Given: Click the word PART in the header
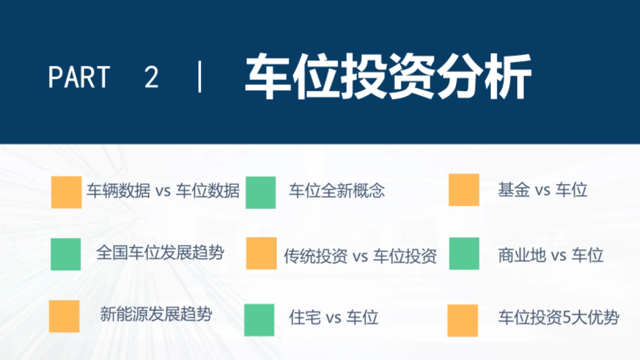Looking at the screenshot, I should coord(79,77).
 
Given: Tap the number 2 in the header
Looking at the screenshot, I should coord(151,77).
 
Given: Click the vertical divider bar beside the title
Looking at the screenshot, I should coord(201,77).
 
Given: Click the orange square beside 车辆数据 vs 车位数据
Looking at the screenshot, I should coord(67,192).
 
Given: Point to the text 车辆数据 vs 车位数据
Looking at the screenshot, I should coord(163,191).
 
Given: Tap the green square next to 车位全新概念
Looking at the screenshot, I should coord(261,192).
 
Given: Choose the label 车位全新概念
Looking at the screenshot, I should coord(337,191).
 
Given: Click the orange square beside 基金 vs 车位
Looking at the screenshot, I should coord(463,190).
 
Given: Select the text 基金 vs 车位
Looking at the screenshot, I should coord(542,190).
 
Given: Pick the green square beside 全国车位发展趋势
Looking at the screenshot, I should coord(66,254).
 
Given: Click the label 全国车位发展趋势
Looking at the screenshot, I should coord(160,252).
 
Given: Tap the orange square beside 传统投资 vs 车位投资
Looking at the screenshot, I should coord(261,253).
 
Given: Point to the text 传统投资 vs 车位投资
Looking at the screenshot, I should coord(360,257).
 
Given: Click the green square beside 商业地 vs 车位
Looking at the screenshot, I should coord(464,253).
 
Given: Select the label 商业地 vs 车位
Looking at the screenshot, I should coord(550,255).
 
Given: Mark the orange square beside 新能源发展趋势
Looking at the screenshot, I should coord(65,316).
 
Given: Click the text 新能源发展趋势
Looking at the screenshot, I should coord(156,314).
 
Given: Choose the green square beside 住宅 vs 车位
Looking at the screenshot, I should coord(259,320).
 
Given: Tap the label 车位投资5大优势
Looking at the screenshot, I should coord(558,318).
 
